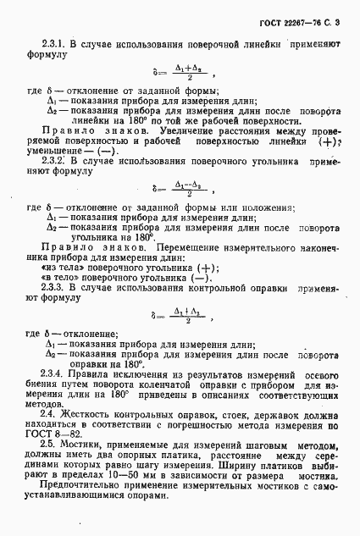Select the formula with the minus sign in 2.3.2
(x=178, y=191)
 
